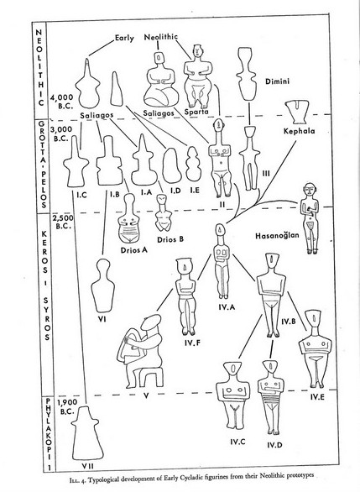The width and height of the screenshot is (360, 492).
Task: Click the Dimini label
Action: click(277, 81)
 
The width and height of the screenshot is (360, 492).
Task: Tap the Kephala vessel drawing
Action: click(297, 113)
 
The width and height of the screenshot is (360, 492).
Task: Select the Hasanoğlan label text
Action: click(277, 236)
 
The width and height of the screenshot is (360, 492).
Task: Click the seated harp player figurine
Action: click(141, 351)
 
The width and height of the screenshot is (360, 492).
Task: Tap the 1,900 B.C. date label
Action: click(67, 406)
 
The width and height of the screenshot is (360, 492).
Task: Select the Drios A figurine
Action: click(128, 218)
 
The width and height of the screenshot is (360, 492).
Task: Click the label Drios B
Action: click(170, 239)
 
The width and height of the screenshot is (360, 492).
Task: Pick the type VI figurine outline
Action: click(103, 285)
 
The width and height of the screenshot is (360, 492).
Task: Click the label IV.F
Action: click(192, 343)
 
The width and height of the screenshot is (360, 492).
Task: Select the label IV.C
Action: click(237, 442)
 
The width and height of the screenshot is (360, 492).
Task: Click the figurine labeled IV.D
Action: click(270, 397)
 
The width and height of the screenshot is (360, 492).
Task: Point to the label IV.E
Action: click(317, 397)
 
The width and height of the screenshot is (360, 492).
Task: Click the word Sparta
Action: click(196, 112)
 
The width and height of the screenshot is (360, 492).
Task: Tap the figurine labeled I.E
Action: click(193, 164)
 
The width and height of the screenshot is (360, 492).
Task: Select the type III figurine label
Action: click(266, 174)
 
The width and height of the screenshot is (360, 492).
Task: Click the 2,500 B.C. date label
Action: click(64, 222)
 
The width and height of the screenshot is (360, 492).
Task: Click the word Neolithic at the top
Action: click(161, 37)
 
